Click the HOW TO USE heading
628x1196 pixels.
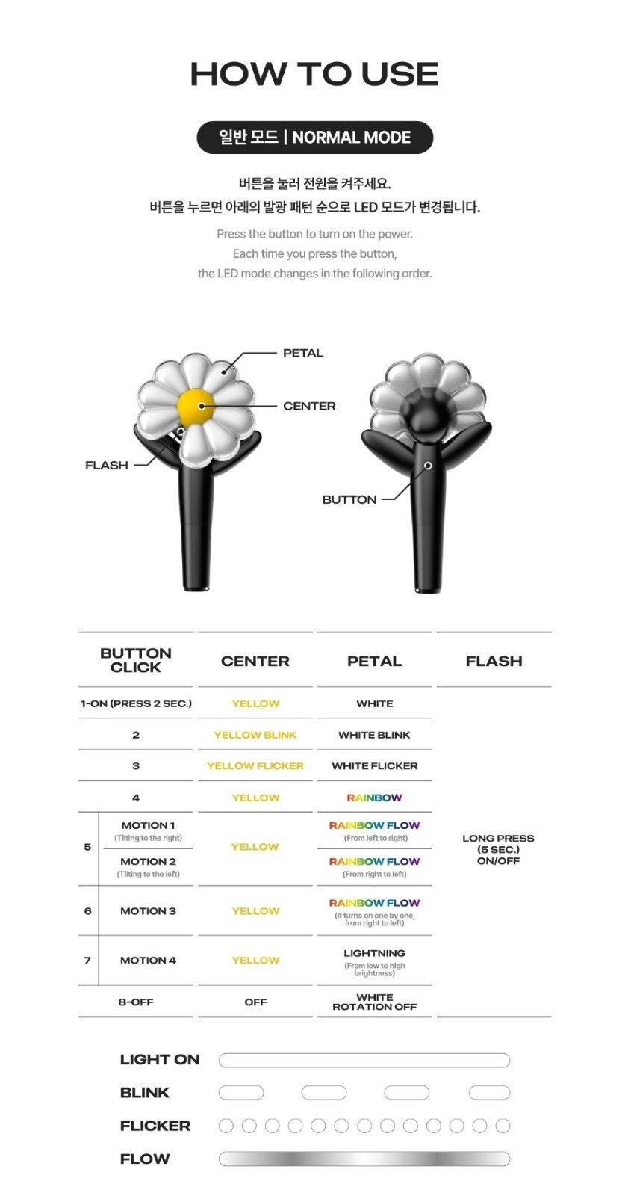[314, 74]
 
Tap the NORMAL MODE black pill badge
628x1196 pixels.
[315, 138]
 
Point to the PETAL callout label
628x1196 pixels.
[303, 353]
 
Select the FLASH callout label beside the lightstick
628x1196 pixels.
[107, 465]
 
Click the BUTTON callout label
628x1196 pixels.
[349, 500]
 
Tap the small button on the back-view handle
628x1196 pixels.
[427, 466]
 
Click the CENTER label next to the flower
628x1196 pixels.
[309, 407]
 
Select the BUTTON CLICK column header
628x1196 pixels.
[136, 660]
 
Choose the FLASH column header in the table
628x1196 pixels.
[494, 661]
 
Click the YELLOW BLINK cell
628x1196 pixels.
[255, 735]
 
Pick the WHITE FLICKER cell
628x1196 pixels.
[375, 765]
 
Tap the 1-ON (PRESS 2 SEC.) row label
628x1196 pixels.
[136, 703]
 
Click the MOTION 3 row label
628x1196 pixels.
[148, 911]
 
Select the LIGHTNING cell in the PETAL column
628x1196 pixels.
[375, 953]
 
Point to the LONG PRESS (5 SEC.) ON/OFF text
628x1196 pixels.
[498, 849]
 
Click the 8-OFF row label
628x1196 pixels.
[135, 1002]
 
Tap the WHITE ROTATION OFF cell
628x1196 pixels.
[375, 1002]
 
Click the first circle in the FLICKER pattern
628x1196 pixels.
[226, 1126]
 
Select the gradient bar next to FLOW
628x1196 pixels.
[364, 1159]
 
